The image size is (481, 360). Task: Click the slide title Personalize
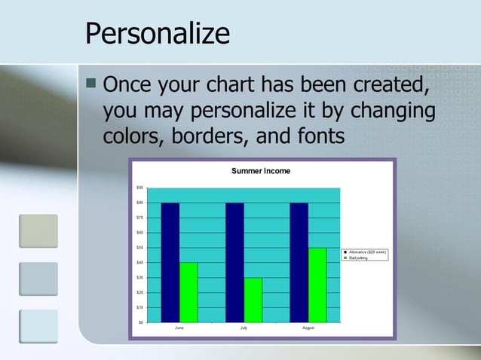click(157, 34)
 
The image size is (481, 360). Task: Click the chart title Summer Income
click(260, 172)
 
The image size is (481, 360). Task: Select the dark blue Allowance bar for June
click(170, 262)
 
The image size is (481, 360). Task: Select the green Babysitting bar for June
click(188, 292)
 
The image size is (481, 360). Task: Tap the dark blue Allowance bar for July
click(234, 262)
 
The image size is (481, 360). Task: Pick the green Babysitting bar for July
click(253, 300)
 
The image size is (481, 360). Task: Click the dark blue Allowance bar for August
click(299, 262)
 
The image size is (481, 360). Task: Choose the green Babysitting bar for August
click(317, 285)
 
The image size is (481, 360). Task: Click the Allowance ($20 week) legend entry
click(367, 252)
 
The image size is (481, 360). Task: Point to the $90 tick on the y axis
click(139, 188)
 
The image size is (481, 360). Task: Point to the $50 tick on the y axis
click(139, 248)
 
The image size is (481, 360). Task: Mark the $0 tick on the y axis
click(141, 322)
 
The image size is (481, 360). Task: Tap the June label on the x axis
click(179, 328)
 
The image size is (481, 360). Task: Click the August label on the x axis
click(308, 328)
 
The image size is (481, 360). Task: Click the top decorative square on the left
click(38, 230)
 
